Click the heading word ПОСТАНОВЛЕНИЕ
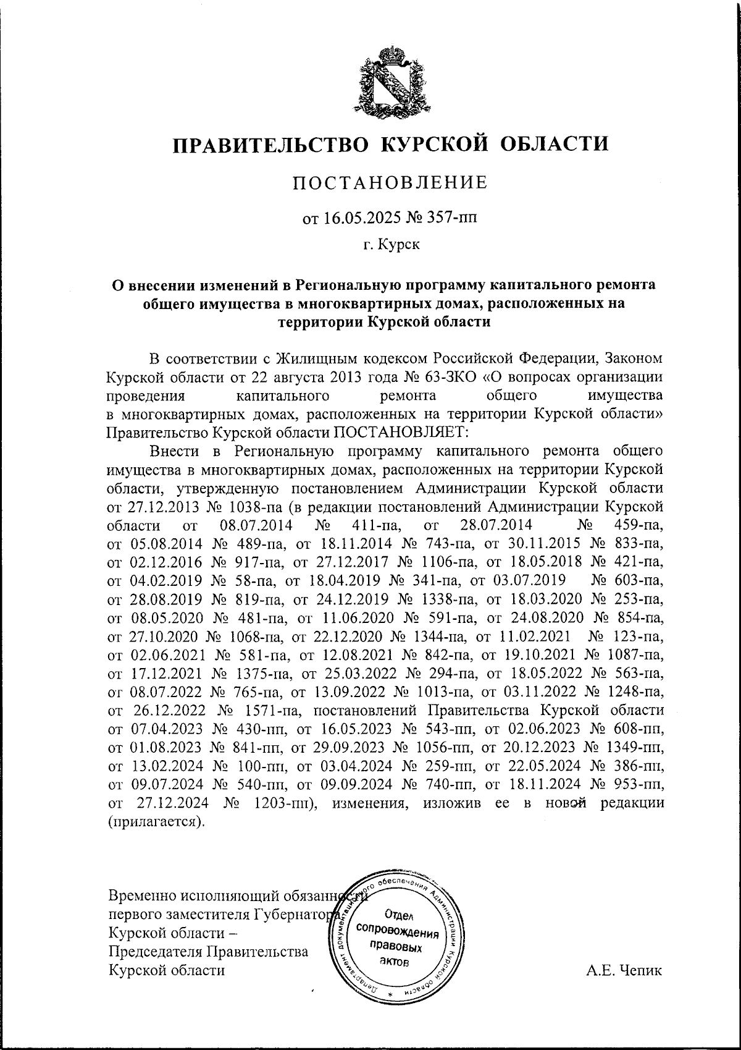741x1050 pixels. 390,182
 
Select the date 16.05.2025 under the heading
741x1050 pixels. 352,218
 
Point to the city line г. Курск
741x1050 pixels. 391,245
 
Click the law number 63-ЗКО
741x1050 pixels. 453,376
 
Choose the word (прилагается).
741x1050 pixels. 155,823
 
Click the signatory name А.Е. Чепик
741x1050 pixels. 624,970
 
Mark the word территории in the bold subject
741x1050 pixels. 320,321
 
